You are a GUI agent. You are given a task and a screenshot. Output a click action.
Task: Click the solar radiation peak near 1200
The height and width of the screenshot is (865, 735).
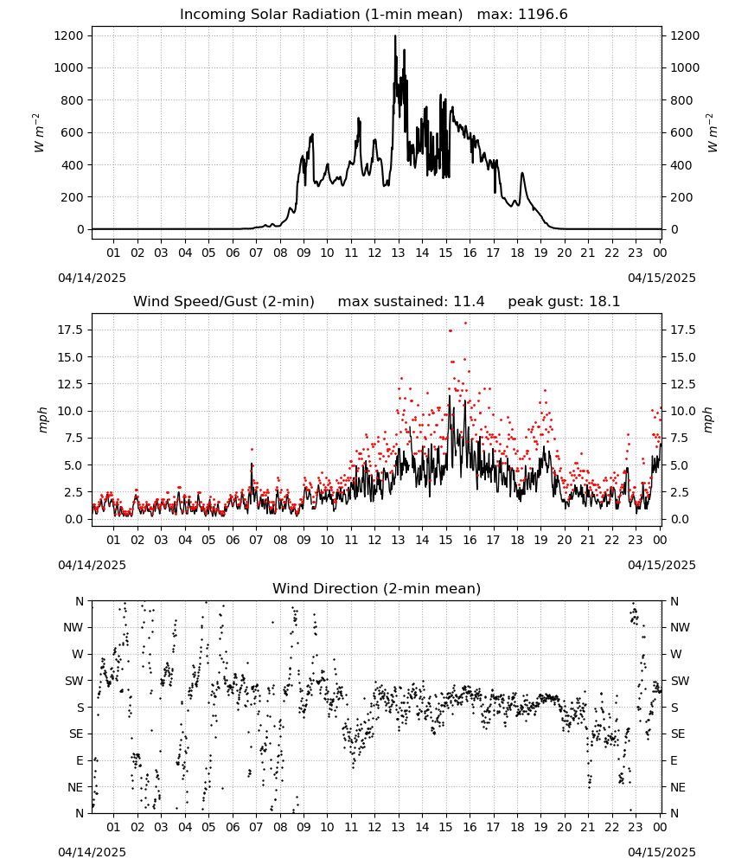coord(395,36)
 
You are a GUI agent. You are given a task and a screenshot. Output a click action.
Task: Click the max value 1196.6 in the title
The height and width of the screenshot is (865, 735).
coord(542,14)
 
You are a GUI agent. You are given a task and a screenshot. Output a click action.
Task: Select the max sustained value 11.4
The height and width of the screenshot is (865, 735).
coord(469,301)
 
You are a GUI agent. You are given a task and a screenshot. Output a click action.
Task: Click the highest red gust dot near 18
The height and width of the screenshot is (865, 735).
coord(466,323)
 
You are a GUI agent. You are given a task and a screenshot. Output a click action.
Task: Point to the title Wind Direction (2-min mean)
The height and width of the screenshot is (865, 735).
coord(377,588)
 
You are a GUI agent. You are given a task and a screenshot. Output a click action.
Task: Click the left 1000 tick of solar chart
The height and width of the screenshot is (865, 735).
coord(69,67)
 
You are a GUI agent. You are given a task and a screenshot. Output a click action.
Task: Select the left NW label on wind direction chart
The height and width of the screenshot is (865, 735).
coord(73,628)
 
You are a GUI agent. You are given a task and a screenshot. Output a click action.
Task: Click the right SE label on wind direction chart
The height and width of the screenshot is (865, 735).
coord(678,734)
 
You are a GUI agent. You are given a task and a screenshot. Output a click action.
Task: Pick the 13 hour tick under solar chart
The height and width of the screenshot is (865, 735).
coord(398,253)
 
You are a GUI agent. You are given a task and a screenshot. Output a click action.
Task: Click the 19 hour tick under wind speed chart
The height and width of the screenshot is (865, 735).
coord(541,540)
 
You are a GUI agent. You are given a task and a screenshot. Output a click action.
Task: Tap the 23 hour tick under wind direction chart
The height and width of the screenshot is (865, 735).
coord(636,827)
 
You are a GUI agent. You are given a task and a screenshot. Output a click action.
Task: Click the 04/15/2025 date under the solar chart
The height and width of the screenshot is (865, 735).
coord(661,278)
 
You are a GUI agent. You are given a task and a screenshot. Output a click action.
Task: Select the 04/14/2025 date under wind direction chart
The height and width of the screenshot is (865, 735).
coord(92,852)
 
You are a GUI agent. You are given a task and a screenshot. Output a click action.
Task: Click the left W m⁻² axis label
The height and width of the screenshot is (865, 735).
coord(38,132)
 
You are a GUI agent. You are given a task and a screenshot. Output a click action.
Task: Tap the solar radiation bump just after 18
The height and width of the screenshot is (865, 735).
coord(522,175)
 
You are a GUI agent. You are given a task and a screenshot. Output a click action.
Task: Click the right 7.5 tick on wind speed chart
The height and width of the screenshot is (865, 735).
coord(678,438)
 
